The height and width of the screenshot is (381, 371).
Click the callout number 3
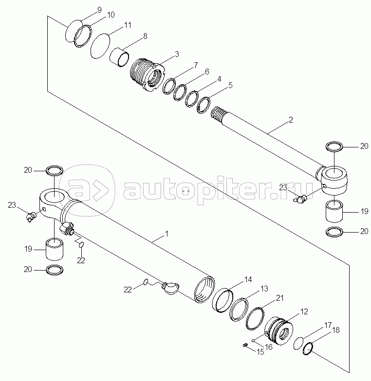click(177, 54)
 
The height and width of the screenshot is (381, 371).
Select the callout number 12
click(304, 311)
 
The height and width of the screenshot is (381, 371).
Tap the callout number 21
click(280, 298)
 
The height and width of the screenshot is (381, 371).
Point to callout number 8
click(145, 36)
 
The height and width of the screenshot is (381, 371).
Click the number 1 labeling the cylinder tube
click(167, 234)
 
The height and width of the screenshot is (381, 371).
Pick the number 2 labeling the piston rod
click(291, 120)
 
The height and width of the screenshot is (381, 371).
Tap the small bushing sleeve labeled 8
click(119, 57)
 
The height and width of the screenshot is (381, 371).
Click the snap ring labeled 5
click(203, 105)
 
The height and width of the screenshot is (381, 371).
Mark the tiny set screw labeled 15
click(245, 345)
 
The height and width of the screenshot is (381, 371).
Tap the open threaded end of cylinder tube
click(204, 290)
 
